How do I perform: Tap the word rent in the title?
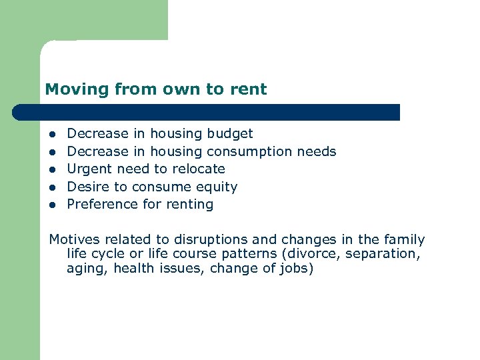tap(247, 89)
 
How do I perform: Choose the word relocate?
tap(199, 169)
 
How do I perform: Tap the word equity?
tap(217, 187)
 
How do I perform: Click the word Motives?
tap(74, 240)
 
